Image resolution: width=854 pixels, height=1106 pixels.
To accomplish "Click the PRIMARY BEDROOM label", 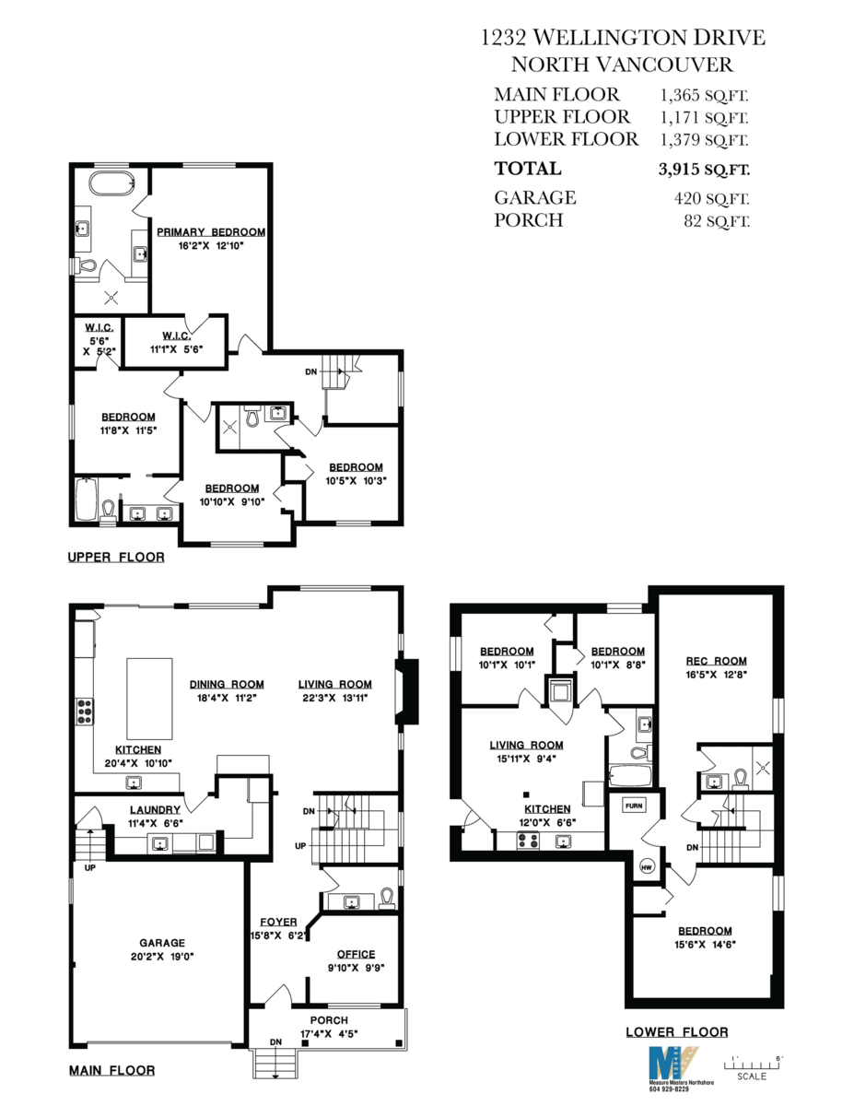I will tap(210, 232).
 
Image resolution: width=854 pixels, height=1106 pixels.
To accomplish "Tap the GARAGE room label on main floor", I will tap(162, 943).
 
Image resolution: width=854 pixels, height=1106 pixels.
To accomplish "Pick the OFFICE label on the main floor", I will tap(356, 954).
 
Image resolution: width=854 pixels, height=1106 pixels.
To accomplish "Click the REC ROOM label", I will tap(716, 661).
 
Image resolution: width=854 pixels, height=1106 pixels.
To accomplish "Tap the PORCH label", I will tap(329, 1020).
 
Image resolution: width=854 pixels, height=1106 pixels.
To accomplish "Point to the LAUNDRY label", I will tap(155, 809).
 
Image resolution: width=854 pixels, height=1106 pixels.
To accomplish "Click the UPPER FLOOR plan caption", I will tap(116, 558).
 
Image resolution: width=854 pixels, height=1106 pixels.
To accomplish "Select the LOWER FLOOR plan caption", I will tap(676, 1032).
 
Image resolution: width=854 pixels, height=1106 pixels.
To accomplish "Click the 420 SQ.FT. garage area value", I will tap(711, 198).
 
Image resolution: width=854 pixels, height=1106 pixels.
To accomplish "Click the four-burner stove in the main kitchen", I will tap(84, 712).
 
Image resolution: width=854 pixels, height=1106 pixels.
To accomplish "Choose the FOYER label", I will tap(278, 922).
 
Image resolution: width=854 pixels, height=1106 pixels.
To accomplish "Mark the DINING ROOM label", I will tap(227, 684).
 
